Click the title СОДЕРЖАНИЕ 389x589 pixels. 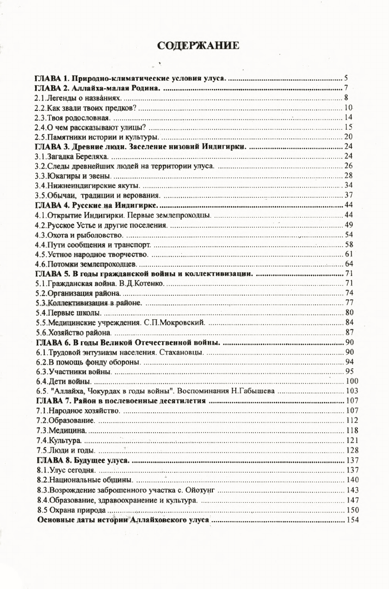199,46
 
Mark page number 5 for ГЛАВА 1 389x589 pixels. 346,79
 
